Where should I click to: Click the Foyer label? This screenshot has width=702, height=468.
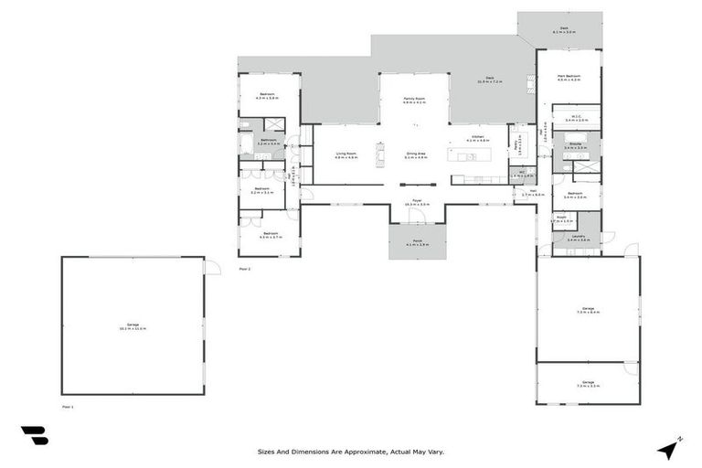(416, 201)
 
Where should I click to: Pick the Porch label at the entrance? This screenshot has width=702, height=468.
(417, 242)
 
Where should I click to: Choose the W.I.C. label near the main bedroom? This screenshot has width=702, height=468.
(577, 116)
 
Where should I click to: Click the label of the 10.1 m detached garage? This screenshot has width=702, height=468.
(132, 326)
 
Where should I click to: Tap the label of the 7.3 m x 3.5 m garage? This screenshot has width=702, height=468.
(587, 384)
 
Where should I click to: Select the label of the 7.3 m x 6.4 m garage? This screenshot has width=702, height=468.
(587, 311)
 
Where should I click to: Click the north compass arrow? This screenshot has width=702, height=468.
(668, 448)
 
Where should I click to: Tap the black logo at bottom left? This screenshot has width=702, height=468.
(34, 436)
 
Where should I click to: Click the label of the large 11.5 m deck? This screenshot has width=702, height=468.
(490, 80)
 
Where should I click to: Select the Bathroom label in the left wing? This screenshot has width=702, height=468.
(268, 142)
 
